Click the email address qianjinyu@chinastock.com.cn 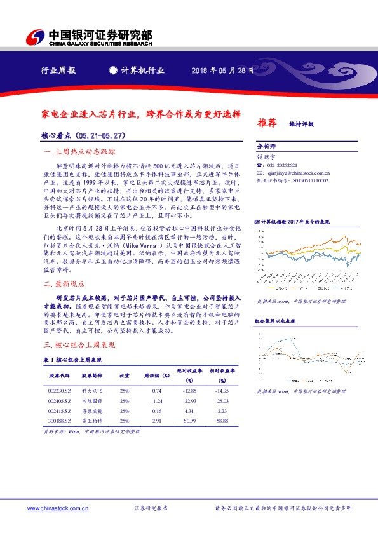(296, 172)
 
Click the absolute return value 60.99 (189, 421)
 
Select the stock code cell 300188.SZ (59, 421)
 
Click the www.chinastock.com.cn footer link (53, 508)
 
